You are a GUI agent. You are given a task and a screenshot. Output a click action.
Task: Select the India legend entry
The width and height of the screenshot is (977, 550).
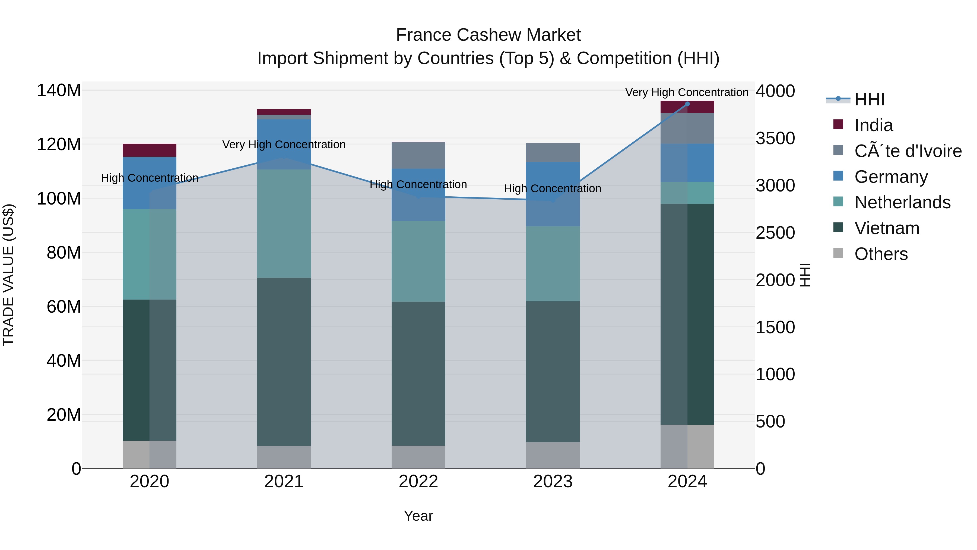click(873, 125)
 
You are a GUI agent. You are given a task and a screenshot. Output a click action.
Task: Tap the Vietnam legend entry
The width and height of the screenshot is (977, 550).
click(886, 228)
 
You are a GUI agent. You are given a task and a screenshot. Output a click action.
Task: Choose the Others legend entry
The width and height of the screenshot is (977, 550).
click(881, 254)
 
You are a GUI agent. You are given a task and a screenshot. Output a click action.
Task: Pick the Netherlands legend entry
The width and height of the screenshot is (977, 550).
click(902, 202)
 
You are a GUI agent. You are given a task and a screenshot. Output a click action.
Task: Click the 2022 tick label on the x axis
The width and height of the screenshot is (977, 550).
click(418, 482)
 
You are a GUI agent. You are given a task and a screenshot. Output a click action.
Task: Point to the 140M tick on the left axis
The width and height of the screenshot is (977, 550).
click(59, 90)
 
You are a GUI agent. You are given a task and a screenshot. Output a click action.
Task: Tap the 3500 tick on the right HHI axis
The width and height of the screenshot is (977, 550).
click(775, 138)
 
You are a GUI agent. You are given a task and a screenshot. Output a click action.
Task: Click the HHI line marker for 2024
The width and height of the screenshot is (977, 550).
click(687, 104)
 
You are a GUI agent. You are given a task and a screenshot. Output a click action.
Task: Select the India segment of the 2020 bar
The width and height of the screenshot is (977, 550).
click(150, 150)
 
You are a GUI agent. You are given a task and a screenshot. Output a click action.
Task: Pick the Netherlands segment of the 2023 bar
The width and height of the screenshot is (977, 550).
click(553, 264)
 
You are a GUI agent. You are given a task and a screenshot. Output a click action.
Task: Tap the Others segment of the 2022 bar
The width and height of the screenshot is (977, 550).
click(418, 457)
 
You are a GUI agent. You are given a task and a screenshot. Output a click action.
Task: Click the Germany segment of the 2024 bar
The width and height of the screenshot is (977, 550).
click(687, 163)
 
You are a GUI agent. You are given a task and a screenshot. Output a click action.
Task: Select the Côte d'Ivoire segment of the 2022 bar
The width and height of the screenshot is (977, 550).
click(418, 155)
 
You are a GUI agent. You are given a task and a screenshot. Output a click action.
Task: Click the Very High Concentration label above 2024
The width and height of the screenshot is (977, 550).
click(687, 92)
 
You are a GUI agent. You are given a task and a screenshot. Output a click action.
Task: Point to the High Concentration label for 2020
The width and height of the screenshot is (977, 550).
click(150, 178)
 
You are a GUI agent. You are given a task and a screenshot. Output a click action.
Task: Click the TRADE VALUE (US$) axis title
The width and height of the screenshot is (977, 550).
click(8, 275)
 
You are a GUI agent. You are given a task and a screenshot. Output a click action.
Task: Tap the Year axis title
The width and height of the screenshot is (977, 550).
click(418, 516)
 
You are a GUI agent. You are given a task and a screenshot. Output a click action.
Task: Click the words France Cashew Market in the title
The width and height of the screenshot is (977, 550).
click(488, 35)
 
